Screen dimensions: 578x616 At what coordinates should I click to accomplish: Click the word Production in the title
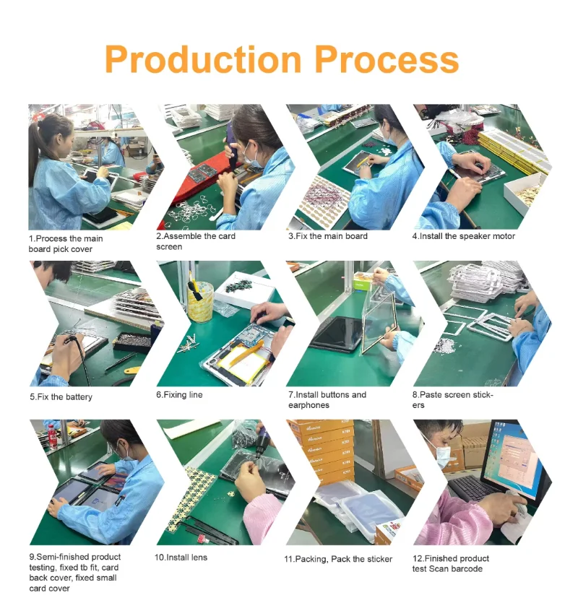click(x=203, y=59)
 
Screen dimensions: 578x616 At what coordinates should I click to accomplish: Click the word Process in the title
click(x=387, y=59)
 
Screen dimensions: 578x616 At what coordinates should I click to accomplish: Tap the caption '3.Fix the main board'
click(x=328, y=236)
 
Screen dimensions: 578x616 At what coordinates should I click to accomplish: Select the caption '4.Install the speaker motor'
click(x=463, y=236)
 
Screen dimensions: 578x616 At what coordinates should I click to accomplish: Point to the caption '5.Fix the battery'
click(x=61, y=396)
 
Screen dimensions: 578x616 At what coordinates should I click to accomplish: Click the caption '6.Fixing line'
click(x=179, y=395)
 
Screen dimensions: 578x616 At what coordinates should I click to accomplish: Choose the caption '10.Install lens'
click(x=181, y=558)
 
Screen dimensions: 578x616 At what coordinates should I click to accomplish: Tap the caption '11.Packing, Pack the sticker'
click(x=338, y=559)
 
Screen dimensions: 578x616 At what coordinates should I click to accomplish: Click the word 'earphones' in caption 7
click(x=309, y=405)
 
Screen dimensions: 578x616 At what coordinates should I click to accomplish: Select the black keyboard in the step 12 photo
click(x=473, y=487)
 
